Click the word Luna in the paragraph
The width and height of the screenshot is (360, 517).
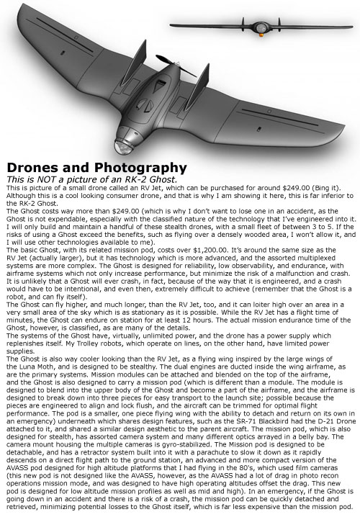(24, 356)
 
